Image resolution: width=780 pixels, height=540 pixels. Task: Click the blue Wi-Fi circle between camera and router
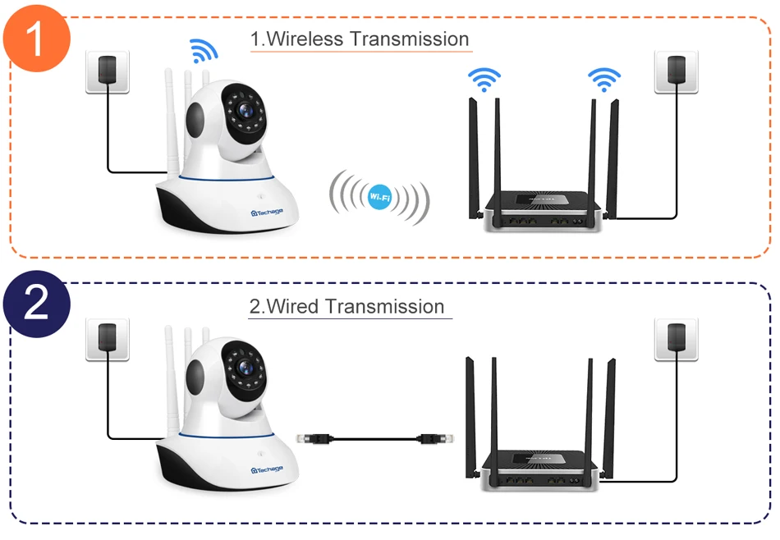point(379,197)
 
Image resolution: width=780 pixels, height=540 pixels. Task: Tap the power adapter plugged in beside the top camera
point(108,71)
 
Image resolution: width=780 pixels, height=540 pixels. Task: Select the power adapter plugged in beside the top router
point(676,70)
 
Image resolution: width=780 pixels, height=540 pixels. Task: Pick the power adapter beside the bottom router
point(676,337)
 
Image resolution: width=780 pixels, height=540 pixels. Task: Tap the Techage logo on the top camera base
point(267,212)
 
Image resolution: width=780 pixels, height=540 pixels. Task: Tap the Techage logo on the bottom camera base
point(267,468)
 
